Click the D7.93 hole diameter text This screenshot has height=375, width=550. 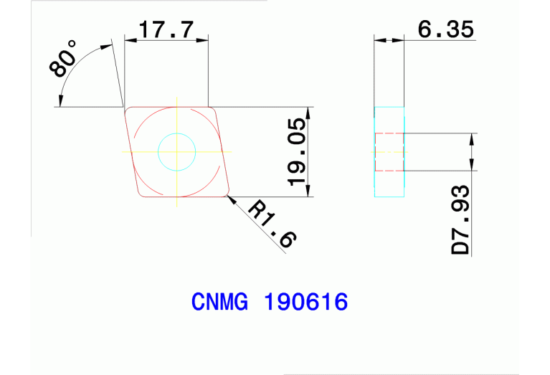pos(461,219)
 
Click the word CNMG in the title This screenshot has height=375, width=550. pos(219,302)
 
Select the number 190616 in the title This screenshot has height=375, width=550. pos(306,302)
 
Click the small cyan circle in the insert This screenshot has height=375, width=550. pos(176,151)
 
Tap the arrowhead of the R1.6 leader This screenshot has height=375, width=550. pos(231,199)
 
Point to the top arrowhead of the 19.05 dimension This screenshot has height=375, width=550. pos(309,112)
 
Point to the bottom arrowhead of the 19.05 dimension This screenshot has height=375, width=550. pos(309,191)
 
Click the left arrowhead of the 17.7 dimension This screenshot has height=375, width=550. pos(130,39)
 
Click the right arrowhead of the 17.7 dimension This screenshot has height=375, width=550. pos(204,39)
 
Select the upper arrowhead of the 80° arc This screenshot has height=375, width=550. pos(108,47)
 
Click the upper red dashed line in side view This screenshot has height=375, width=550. pos(389,133)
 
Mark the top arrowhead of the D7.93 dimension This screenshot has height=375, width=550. pos(471,138)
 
